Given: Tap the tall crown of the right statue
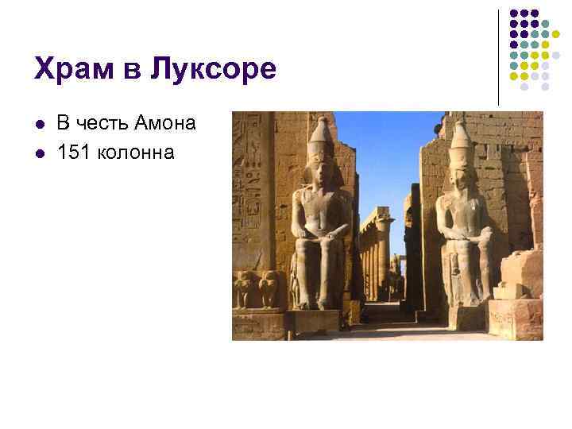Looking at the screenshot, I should tap(460, 139).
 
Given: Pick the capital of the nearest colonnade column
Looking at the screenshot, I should tap(385, 214).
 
